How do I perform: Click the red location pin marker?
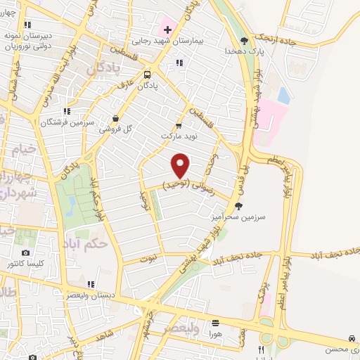click(181, 165)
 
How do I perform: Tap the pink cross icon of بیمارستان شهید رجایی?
click(167, 30)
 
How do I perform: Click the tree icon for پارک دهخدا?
click(244, 40)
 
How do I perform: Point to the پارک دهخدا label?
click(243, 51)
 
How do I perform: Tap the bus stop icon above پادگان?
click(148, 75)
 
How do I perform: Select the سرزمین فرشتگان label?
click(53, 123)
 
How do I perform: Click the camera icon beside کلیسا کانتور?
click(26, 253)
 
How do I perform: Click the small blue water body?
click(283, 94)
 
